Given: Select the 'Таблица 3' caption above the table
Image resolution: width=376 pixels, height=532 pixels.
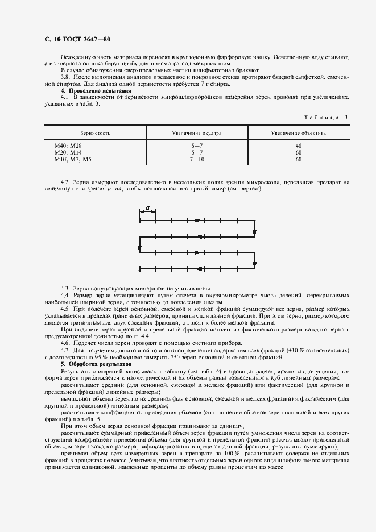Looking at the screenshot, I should click(326, 117).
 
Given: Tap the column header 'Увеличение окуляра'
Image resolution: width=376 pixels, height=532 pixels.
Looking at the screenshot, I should click(197, 133).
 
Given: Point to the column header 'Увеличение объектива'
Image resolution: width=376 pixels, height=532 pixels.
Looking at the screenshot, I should click(298, 133).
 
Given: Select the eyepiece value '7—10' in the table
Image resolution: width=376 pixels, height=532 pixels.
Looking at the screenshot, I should click(197, 160).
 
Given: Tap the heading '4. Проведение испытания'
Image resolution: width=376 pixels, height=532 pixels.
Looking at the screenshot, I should click(96, 91).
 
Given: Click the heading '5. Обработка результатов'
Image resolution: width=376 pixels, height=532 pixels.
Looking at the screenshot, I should click(96, 363).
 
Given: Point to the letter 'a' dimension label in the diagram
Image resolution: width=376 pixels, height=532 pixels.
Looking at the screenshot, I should click(147, 208).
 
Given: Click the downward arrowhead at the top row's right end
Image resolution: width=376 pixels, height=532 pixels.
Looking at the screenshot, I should click(255, 231).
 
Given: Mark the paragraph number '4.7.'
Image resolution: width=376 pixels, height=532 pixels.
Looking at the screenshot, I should click(66, 351).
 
